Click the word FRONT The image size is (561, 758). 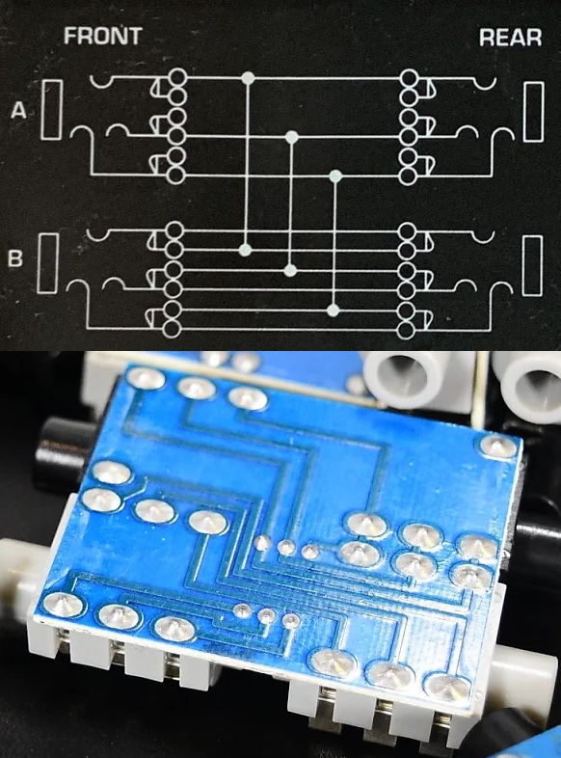coord(103,36)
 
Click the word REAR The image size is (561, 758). coord(510,38)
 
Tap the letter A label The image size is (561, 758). coord(18,110)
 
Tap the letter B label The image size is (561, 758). coord(15,258)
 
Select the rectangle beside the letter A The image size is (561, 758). coord(52,110)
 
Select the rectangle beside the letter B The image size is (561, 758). coord(48,263)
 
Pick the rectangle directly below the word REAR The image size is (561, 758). coord(533,112)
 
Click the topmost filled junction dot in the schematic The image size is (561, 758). coord(248,77)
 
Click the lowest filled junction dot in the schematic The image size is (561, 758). coord(333,310)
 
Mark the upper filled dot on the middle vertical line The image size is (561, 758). coord(291,138)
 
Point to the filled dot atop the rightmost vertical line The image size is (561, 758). coord(335,175)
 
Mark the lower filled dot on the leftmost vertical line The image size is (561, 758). coord(246,250)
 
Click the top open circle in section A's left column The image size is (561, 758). coord(177,77)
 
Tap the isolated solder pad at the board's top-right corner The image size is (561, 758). coord(497,446)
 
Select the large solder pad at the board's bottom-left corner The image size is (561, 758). coord(63,605)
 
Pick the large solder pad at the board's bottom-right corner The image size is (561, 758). coord(448,687)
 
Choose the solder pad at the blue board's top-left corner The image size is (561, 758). coord(146,377)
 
